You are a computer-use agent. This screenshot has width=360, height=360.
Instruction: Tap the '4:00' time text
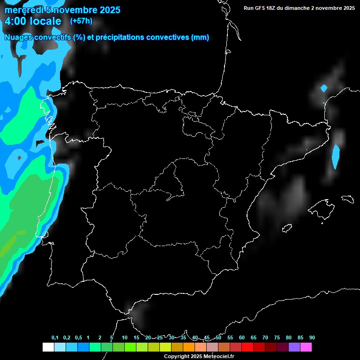pos(16,22)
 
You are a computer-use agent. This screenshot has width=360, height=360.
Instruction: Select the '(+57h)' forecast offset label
pos(81,21)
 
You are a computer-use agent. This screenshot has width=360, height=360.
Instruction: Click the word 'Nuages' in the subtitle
pos(17,37)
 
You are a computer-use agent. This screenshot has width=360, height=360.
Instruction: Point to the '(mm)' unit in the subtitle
pos(200,37)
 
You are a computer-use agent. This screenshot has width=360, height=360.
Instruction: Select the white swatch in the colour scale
pos(48,347)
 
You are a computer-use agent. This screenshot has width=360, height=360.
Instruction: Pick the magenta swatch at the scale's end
pos(306,347)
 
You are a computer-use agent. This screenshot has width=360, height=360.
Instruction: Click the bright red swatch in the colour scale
pos(247,347)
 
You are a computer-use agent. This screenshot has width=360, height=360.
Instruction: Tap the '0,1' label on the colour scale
pos(55,338)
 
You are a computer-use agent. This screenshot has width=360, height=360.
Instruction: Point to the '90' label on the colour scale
pos(312,338)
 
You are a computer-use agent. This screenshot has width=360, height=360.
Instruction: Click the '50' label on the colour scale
pos(218,338)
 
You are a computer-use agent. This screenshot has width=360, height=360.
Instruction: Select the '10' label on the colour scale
pos(125,338)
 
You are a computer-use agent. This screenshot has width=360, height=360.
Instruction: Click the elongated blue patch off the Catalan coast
pos(336,157)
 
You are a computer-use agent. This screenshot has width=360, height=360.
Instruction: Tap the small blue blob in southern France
pos(323,88)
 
